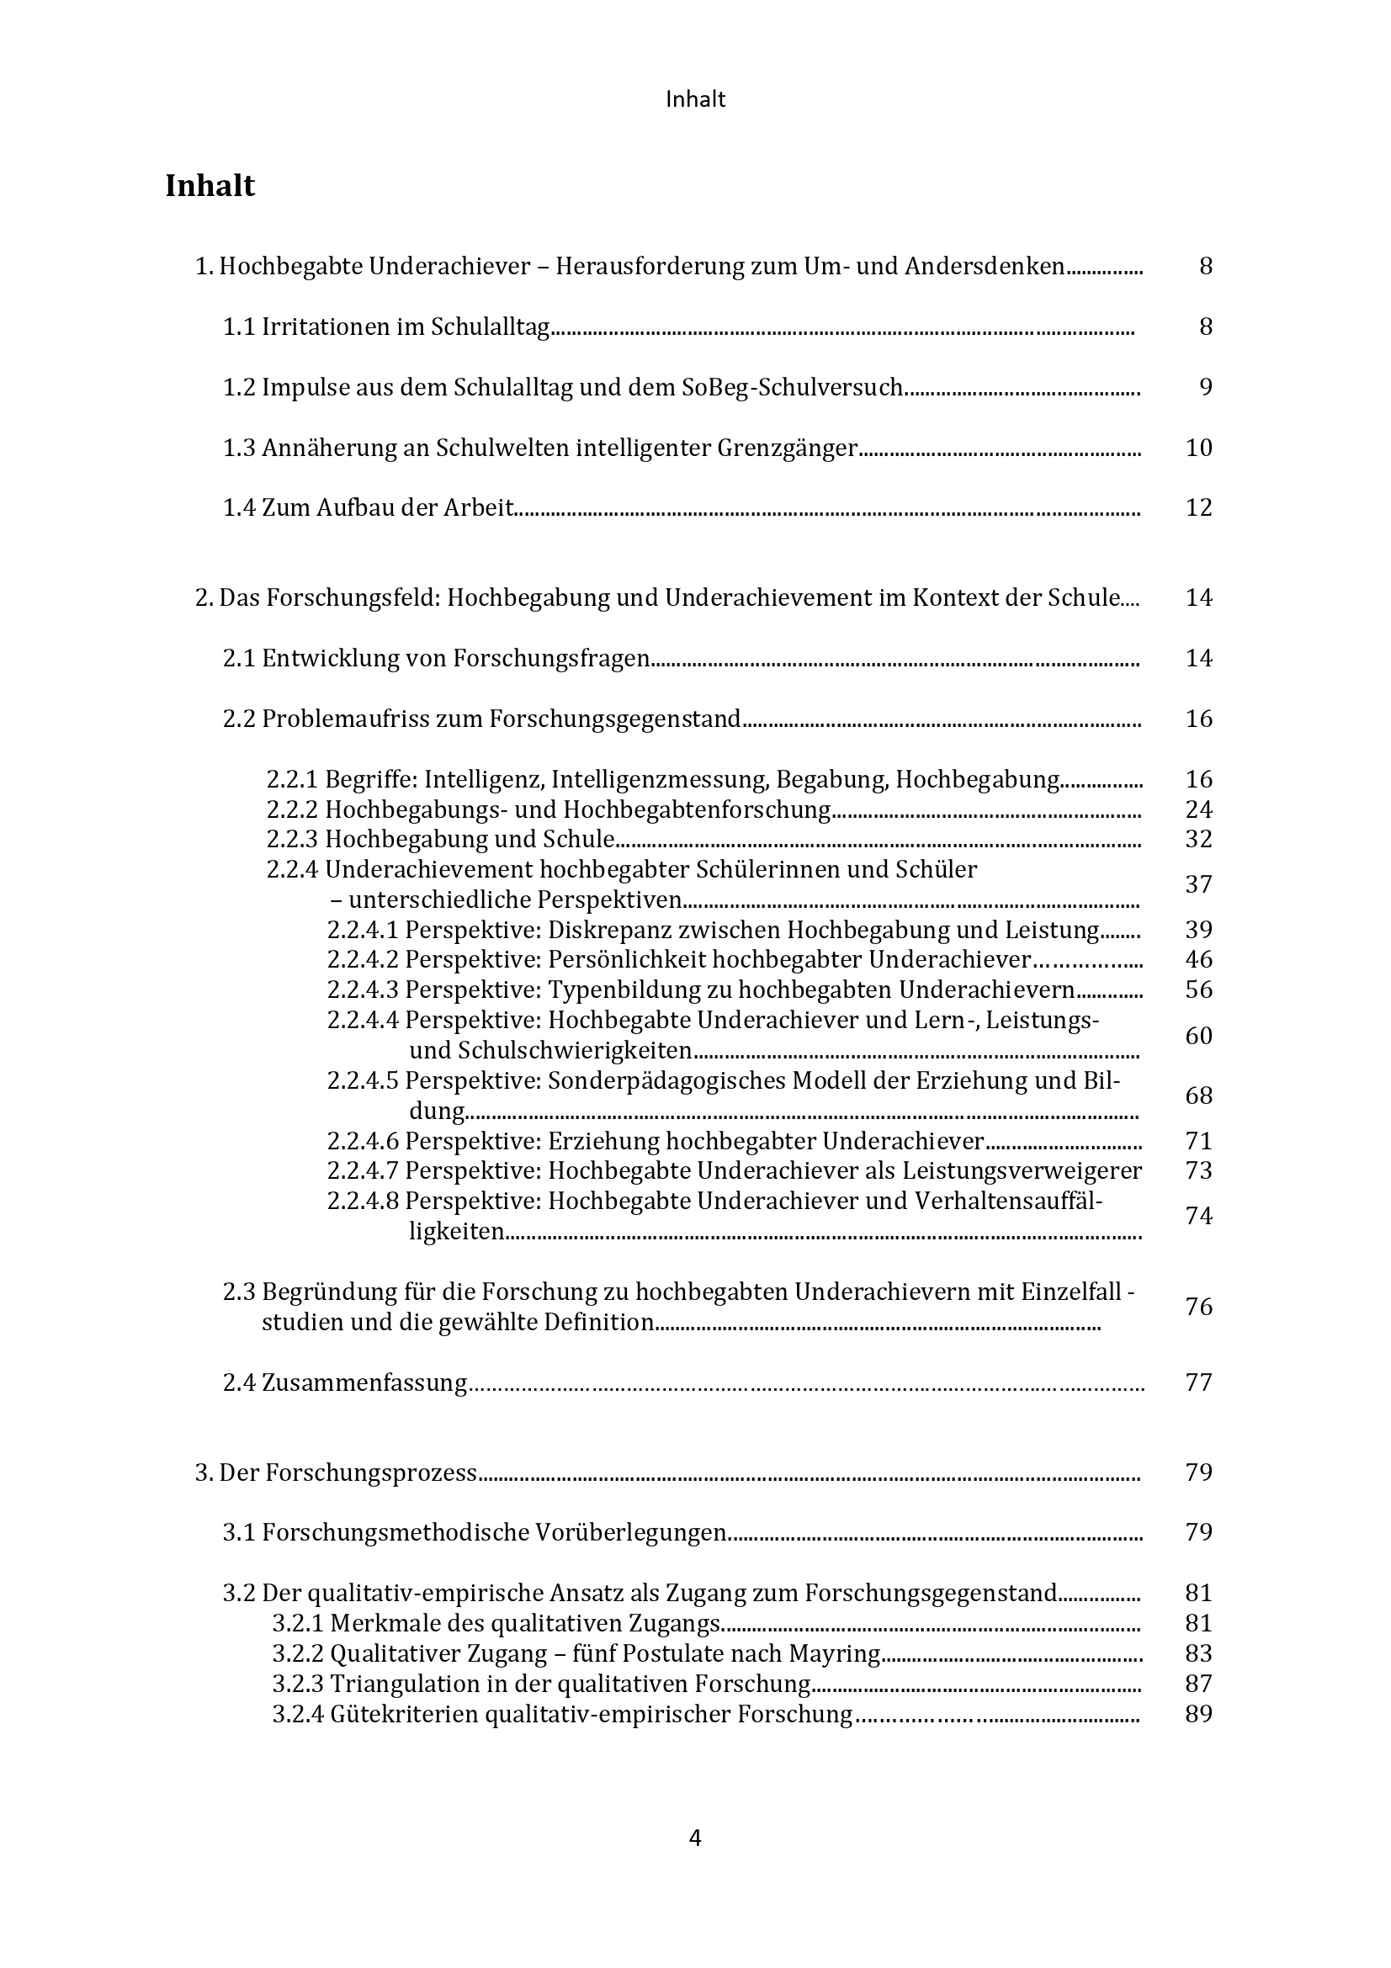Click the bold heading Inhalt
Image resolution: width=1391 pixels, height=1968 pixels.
pos(210,186)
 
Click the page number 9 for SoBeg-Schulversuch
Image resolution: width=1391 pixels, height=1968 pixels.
pos(1205,387)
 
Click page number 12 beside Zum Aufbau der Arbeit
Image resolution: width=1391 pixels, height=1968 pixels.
pos(1199,507)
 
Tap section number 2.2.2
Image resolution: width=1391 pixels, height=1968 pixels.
pos(292,809)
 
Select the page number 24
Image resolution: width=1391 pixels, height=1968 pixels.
pos(1199,809)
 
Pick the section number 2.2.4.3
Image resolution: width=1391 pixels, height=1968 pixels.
pos(363,990)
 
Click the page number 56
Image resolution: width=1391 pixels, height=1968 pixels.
pos(1199,990)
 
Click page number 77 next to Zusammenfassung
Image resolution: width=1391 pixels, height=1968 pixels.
pos(1199,1382)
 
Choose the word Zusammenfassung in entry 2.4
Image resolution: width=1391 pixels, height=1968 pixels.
pos(364,1382)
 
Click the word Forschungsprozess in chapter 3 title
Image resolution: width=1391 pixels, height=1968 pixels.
pos(370,1472)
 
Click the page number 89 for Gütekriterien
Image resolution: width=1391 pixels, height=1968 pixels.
pos(1199,1713)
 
